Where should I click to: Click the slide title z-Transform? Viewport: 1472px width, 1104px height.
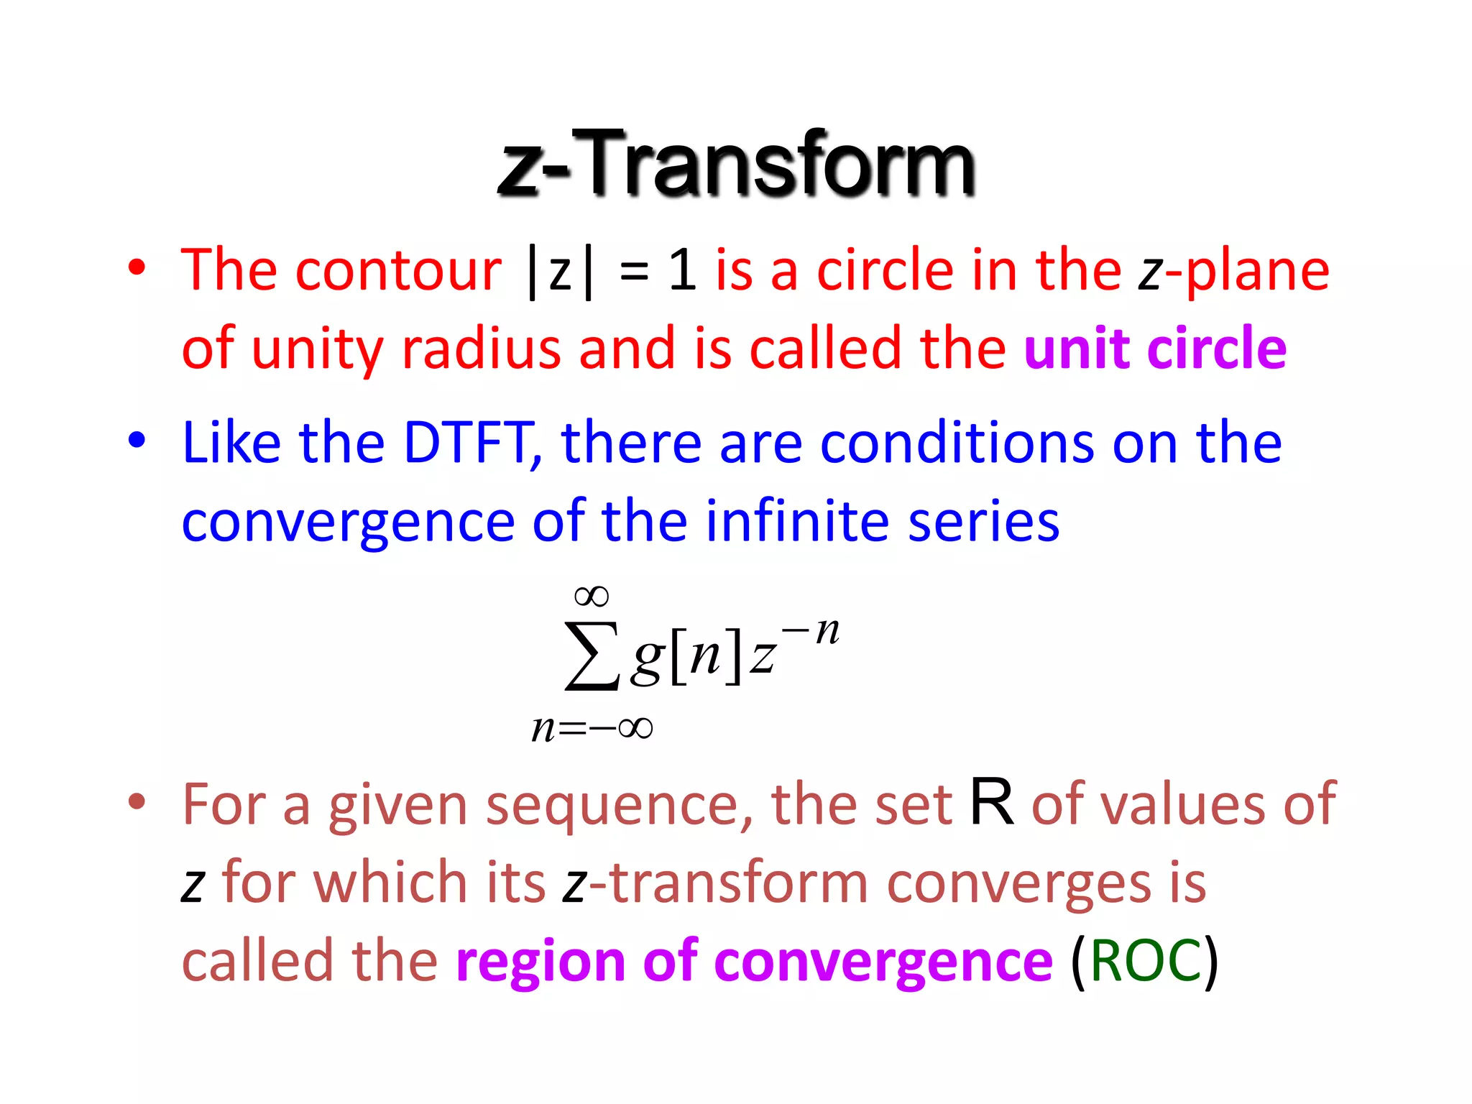coord(736,164)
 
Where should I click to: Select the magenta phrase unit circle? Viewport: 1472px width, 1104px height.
coord(1155,349)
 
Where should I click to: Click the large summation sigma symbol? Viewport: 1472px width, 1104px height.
coord(592,656)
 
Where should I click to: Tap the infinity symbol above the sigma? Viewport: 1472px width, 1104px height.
coord(592,596)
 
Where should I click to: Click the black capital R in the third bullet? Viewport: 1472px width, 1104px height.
coord(992,802)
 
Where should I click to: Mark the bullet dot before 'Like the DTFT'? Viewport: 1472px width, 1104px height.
coord(137,439)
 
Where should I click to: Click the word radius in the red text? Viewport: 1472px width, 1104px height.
coord(481,349)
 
